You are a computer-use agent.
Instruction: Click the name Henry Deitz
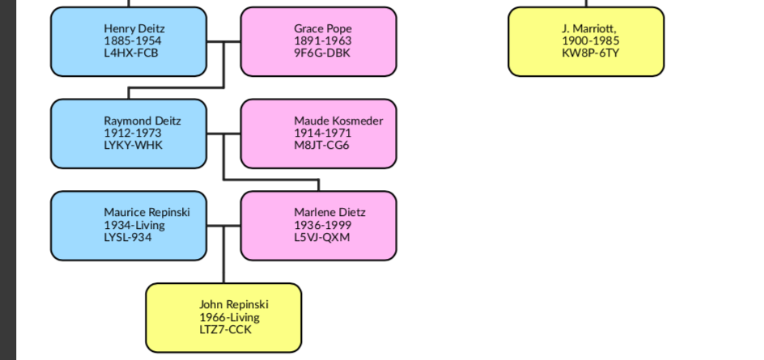pyautogui.click(x=134, y=29)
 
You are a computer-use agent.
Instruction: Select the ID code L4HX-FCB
pyautogui.click(x=130, y=53)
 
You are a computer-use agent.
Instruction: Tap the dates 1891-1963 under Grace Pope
pyautogui.click(x=322, y=41)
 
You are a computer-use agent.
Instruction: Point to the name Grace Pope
pyautogui.click(x=323, y=29)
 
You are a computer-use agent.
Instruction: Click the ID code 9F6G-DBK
pyautogui.click(x=322, y=53)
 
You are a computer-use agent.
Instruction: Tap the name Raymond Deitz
pyautogui.click(x=142, y=121)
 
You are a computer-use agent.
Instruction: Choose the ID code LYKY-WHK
pyautogui.click(x=133, y=146)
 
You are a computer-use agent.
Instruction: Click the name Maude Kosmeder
pyautogui.click(x=338, y=121)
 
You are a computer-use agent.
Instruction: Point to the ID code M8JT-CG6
pyautogui.click(x=321, y=146)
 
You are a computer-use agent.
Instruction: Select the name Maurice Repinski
pyautogui.click(x=146, y=213)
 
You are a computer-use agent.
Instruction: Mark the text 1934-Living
pyautogui.click(x=134, y=225)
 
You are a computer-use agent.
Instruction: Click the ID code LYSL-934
pyautogui.click(x=128, y=237)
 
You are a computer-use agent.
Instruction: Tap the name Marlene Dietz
pyautogui.click(x=329, y=213)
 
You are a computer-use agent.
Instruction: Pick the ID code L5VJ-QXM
pyautogui.click(x=322, y=237)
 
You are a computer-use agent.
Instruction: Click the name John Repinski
pyautogui.click(x=234, y=305)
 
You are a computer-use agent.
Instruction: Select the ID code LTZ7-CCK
pyautogui.click(x=226, y=329)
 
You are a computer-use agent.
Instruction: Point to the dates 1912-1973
pyautogui.click(x=132, y=133)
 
